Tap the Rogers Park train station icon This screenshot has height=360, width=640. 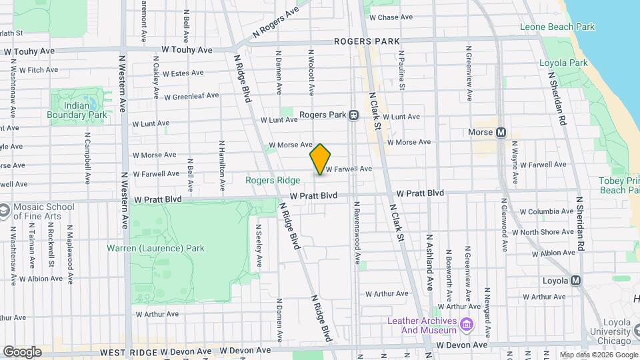[354, 115]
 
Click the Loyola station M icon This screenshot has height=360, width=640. [575, 281]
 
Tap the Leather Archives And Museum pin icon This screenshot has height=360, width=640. [467, 325]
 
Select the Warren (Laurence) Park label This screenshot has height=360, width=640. [155, 248]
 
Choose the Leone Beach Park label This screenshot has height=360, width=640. [557, 27]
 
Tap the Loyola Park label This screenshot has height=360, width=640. [563, 63]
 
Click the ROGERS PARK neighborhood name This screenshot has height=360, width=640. [367, 41]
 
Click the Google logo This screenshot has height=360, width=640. [22, 351]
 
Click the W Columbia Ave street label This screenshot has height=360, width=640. [546, 211]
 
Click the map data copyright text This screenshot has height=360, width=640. [598, 355]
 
